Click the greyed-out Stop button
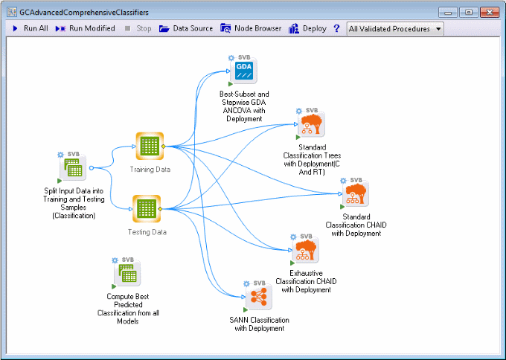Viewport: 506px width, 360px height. click(138, 28)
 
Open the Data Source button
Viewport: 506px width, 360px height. click(185, 28)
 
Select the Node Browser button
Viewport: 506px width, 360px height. click(251, 28)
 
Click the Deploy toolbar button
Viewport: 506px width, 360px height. click(307, 28)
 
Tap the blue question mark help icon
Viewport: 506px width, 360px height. click(336, 28)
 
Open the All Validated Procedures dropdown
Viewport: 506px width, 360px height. click(394, 29)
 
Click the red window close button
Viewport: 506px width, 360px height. click(490, 12)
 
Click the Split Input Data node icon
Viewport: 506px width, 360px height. click(73, 170)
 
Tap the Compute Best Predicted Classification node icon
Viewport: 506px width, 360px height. click(128, 275)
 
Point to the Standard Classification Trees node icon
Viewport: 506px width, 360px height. click(312, 124)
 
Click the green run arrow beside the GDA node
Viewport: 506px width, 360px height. click(231, 84)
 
